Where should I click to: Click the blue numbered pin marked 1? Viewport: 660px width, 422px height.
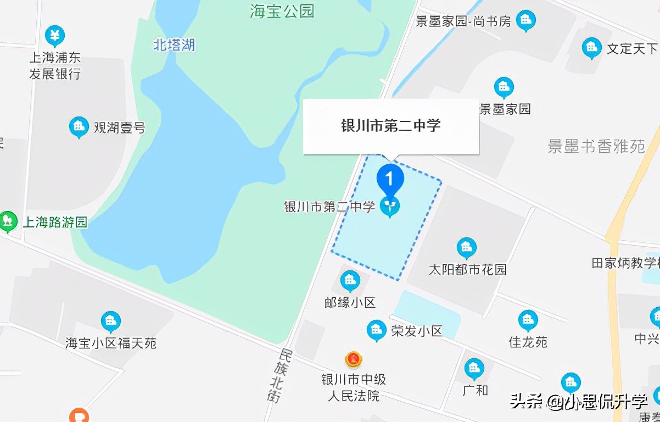390,179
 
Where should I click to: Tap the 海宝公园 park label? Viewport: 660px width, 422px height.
282,12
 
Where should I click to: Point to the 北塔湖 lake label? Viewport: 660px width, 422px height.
174,45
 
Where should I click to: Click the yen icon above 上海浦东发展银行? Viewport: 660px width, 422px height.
54,36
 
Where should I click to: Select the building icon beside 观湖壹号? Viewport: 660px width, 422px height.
79,127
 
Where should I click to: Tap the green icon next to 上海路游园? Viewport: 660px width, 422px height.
8,221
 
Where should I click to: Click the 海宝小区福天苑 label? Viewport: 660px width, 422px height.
111,343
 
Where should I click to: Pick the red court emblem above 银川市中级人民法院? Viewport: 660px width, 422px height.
353,360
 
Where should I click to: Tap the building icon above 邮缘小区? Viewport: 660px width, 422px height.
350,281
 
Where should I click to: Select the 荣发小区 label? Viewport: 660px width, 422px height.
417,331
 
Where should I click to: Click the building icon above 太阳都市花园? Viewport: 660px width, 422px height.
467,248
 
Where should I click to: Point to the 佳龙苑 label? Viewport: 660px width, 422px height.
528,342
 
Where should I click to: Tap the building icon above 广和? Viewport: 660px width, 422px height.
474,369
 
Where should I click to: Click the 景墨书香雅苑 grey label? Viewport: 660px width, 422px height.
596,146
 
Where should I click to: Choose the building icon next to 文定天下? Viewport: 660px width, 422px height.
591,48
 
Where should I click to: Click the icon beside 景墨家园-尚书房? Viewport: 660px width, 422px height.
526,21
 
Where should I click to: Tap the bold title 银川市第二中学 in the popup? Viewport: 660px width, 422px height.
391,126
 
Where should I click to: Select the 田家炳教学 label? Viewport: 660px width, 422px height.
625,263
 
